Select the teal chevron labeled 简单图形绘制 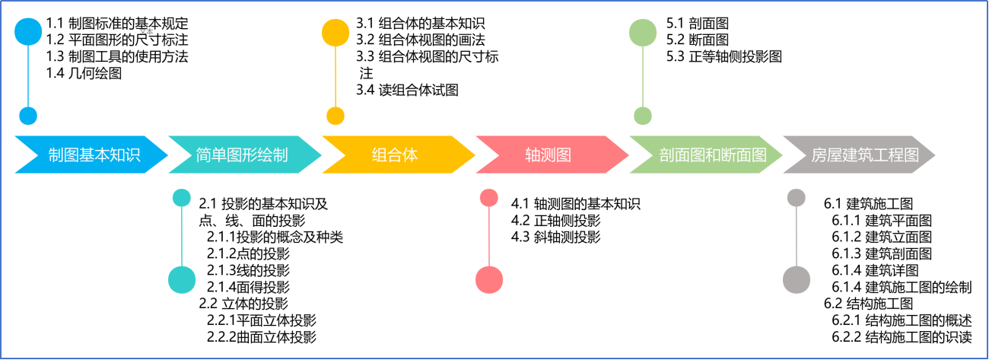click(x=242, y=155)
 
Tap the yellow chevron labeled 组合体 click(x=396, y=155)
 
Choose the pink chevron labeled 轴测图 click(x=549, y=155)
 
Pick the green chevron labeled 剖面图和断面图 click(x=711, y=155)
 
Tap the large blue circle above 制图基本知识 click(x=28, y=32)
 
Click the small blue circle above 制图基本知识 click(x=28, y=116)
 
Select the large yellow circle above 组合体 click(x=335, y=33)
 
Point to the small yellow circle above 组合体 click(x=335, y=116)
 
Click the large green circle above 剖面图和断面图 click(x=643, y=33)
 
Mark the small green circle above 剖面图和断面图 click(x=643, y=116)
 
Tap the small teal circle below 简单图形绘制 click(x=182, y=198)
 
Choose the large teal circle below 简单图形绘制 click(x=182, y=280)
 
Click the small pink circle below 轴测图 click(x=489, y=198)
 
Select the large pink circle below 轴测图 click(x=489, y=280)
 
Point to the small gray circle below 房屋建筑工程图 click(x=797, y=198)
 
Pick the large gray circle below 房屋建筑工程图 click(x=797, y=280)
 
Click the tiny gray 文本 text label click(x=147, y=32)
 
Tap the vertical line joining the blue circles click(x=28, y=76)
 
